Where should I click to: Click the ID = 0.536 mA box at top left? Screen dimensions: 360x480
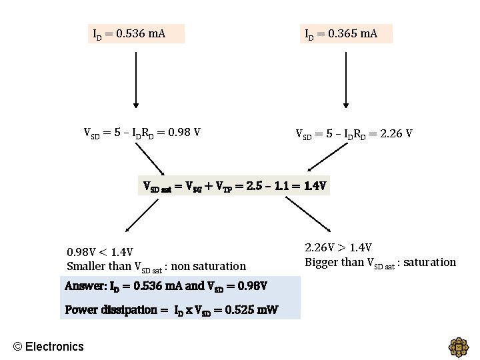pyautogui.click(x=136, y=33)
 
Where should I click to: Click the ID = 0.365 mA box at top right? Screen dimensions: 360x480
pyautogui.click(x=345, y=33)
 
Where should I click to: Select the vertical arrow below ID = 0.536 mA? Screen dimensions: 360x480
pyautogui.click(x=136, y=80)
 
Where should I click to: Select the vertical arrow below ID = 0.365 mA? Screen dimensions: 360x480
pyautogui.click(x=345, y=80)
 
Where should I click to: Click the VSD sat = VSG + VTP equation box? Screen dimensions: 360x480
pyautogui.click(x=235, y=185)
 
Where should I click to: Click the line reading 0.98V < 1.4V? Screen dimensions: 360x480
pyautogui.click(x=100, y=252)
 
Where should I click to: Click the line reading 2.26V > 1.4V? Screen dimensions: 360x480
pyautogui.click(x=338, y=248)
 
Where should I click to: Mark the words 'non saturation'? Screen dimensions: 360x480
pyautogui.click(x=209, y=267)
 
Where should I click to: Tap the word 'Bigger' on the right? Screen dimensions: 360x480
pyautogui.click(x=321, y=262)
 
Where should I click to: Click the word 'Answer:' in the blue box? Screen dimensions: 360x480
pyautogui.click(x=85, y=286)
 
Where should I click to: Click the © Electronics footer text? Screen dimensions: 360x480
pyautogui.click(x=49, y=346)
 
